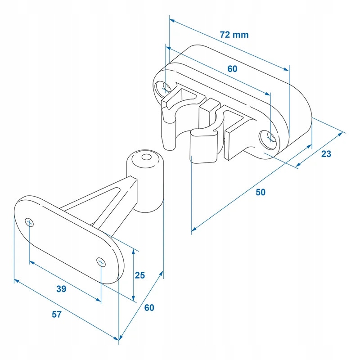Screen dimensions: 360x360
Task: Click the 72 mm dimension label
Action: pos(234,35)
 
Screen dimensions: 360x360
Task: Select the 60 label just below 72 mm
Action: pos(232,69)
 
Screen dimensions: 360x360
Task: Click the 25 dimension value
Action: pos(139,275)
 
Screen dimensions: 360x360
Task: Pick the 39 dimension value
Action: pos(61,289)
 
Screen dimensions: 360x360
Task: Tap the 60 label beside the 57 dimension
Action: pos(149,308)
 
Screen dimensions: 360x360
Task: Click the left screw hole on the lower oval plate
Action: pos(29,221)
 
